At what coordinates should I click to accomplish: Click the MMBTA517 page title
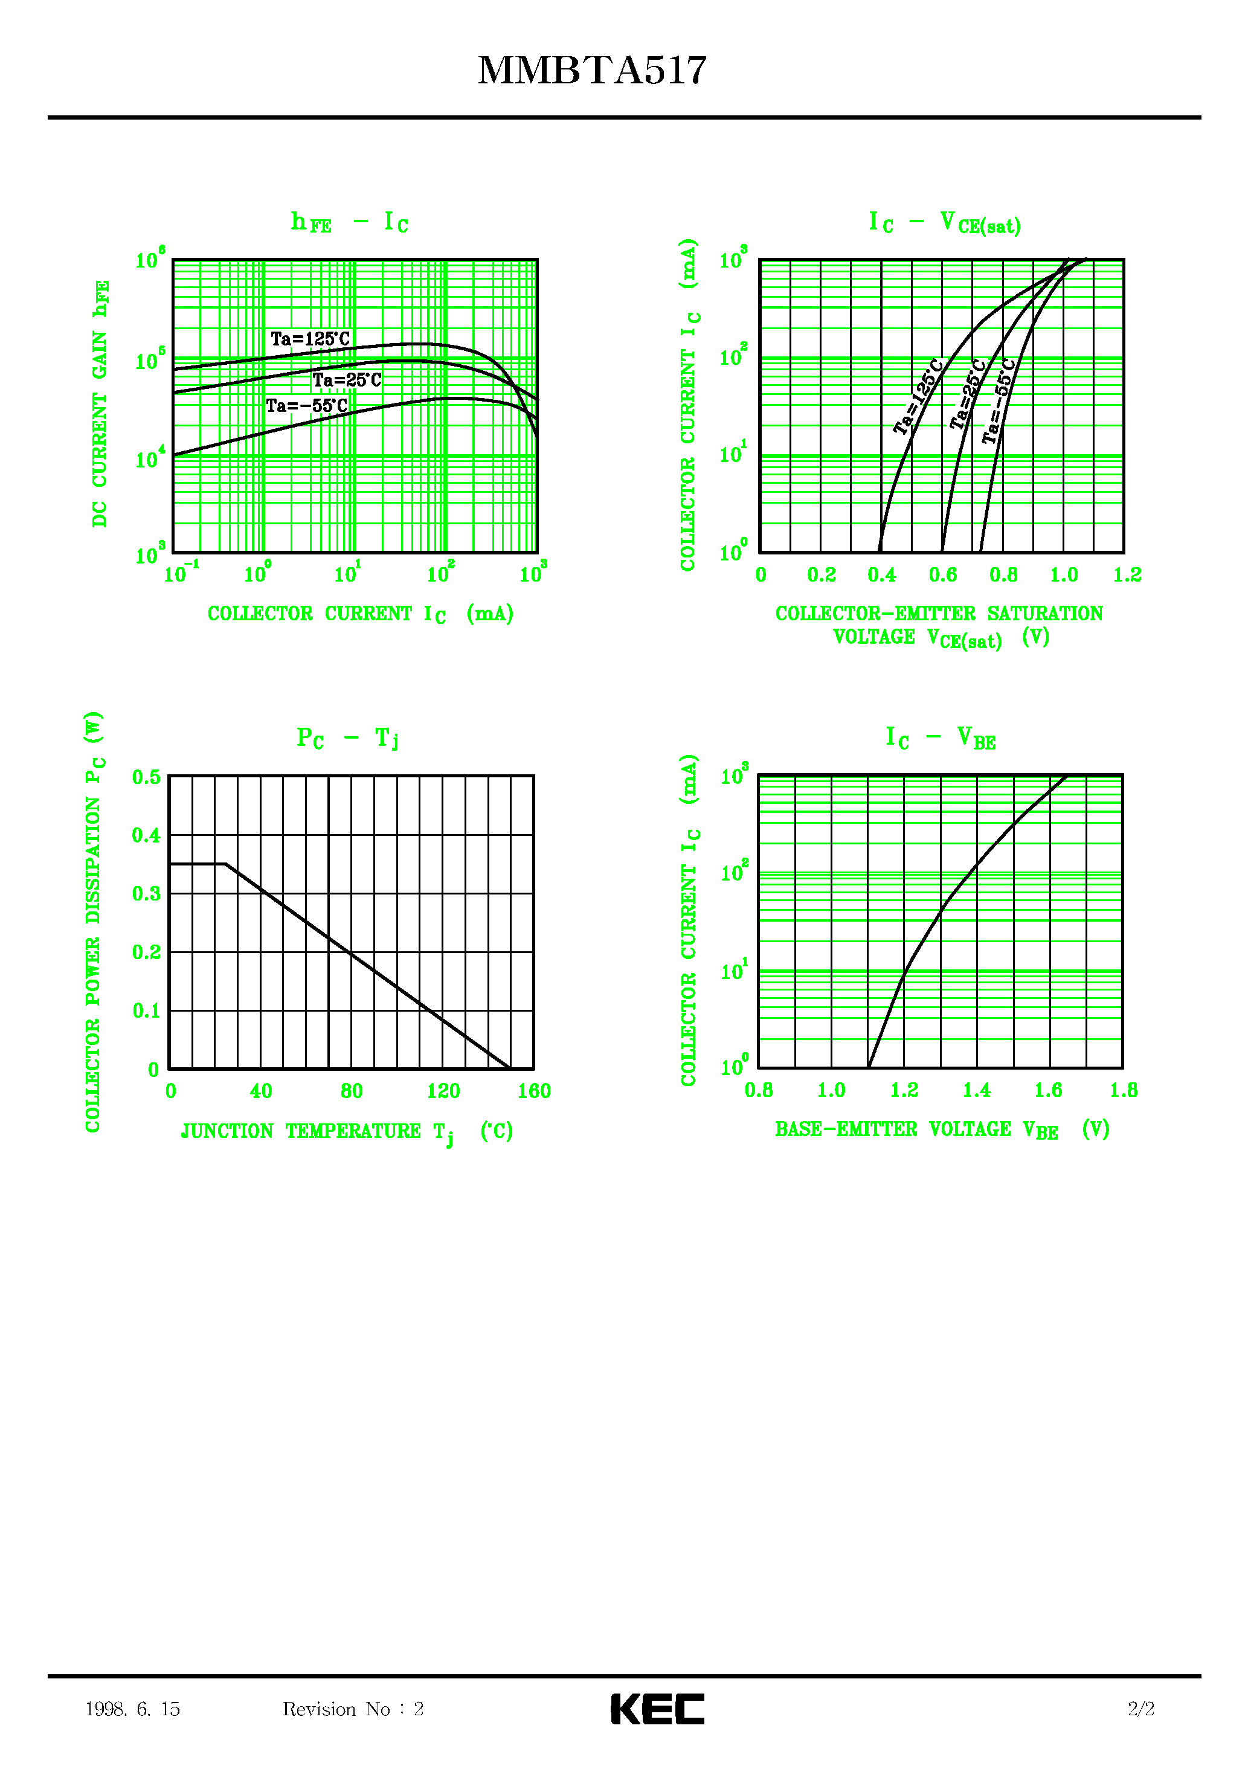click(x=592, y=71)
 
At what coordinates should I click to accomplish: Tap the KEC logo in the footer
click(x=657, y=1709)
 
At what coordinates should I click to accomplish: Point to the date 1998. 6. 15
click(x=132, y=1709)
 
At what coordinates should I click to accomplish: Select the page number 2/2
click(x=1141, y=1709)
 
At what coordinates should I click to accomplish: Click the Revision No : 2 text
click(x=353, y=1709)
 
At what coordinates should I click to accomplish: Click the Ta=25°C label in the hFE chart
click(x=346, y=380)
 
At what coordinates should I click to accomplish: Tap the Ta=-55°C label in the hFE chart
click(x=306, y=405)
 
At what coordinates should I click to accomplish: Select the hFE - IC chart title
click(x=349, y=223)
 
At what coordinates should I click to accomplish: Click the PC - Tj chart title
click(x=347, y=739)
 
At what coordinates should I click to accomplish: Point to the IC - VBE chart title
click(x=941, y=739)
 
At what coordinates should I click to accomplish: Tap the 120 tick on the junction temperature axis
click(x=443, y=1091)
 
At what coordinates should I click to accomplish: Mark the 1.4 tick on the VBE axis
click(x=976, y=1090)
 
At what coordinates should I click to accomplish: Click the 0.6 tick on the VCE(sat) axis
click(x=942, y=574)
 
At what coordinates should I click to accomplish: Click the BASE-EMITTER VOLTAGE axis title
click(x=942, y=1130)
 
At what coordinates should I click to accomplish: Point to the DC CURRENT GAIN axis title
click(x=101, y=404)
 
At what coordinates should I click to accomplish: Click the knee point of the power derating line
click(x=225, y=864)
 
